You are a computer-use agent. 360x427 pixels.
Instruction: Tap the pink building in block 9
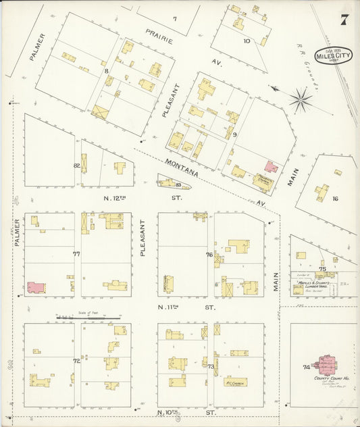[271, 166]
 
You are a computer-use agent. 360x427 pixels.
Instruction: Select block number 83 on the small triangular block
[178, 184]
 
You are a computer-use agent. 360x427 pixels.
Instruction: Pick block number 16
[334, 199]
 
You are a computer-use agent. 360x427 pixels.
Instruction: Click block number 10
[247, 41]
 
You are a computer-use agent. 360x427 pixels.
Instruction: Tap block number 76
[209, 255]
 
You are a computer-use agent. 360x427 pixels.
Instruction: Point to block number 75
[322, 269]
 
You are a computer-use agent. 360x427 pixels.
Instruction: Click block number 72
[76, 361]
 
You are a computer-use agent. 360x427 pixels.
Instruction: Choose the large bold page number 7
[344, 20]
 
